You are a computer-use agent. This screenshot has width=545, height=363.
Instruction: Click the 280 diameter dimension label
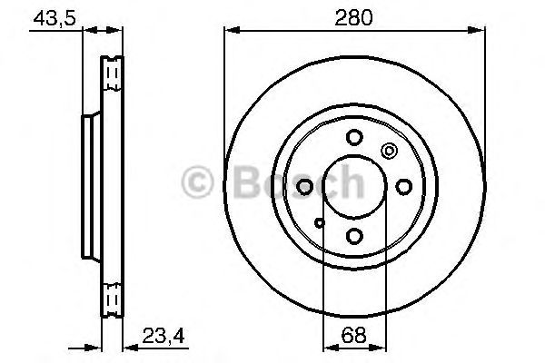point(353,18)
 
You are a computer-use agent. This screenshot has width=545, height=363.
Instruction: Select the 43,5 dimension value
point(54,18)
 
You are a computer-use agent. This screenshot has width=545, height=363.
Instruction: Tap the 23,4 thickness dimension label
point(163,336)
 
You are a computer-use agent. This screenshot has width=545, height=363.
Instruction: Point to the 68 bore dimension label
point(354,335)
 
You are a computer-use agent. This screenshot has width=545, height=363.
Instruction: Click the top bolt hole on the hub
point(354,137)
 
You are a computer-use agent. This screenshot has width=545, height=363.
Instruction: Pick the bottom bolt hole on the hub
point(354,236)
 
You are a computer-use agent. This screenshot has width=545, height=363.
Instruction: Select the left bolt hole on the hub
point(304,187)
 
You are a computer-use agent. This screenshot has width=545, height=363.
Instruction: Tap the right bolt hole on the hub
point(404,187)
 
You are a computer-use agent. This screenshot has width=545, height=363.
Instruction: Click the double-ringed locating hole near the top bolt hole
point(390,151)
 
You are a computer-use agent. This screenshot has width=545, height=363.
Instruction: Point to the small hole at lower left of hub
point(320,222)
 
